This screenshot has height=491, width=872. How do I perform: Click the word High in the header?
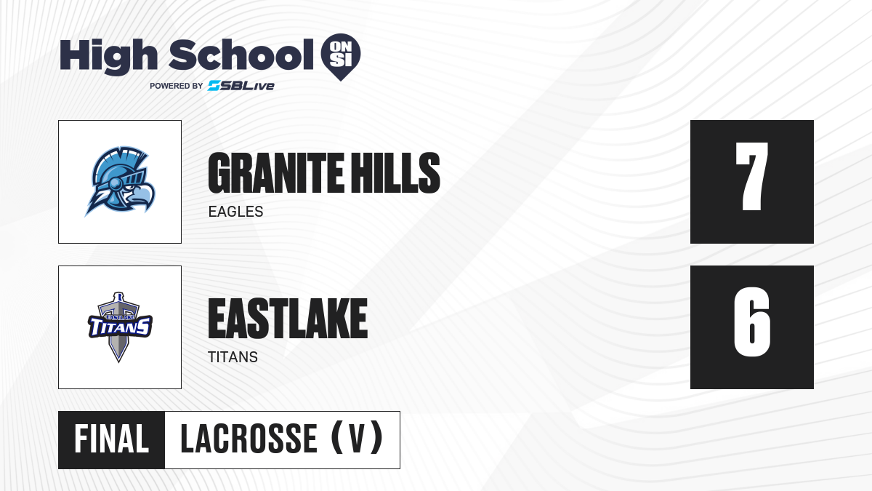[109, 57]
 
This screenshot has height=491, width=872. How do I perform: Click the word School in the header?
[241, 54]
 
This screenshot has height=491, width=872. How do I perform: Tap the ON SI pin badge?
[341, 57]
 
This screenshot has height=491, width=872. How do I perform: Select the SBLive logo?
[241, 86]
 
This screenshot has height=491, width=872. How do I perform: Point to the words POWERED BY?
[177, 86]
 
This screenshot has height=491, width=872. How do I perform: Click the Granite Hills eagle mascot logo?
[120, 182]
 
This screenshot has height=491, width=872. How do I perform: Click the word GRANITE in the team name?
[276, 172]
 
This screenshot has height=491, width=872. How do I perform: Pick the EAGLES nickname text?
[236, 212]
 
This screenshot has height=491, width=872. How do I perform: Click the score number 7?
[751, 176]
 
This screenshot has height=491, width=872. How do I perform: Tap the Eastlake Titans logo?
[120, 327]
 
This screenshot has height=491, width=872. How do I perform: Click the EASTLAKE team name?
[288, 319]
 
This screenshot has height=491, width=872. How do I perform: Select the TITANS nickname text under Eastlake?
[233, 357]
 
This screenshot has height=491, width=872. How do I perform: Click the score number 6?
[751, 322]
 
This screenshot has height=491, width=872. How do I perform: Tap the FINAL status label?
[112, 439]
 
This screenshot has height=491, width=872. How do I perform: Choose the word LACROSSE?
[249, 439]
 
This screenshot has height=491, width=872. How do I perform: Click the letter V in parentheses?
[357, 439]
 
